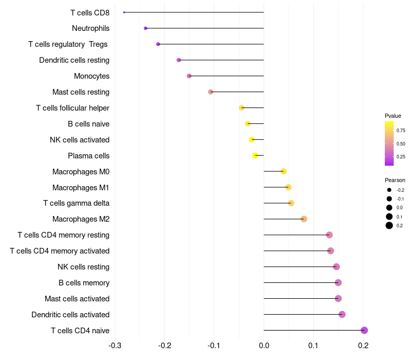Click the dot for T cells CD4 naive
tap(364, 330)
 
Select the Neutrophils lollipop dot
tap(145, 28)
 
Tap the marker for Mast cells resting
tap(211, 92)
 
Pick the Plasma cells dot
tap(255, 155)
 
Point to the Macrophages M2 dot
tap(304, 219)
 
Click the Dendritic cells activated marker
tap(342, 314)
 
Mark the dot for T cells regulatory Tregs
tap(158, 44)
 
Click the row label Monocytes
tap(91, 76)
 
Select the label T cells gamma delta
tap(76, 203)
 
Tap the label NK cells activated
tap(80, 140)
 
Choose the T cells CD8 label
tap(90, 12)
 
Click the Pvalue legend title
tap(393, 116)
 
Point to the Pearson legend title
tap(395, 180)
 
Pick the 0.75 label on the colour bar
tap(401, 131)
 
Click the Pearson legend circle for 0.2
tap(389, 225)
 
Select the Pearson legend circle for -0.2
tap(389, 190)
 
